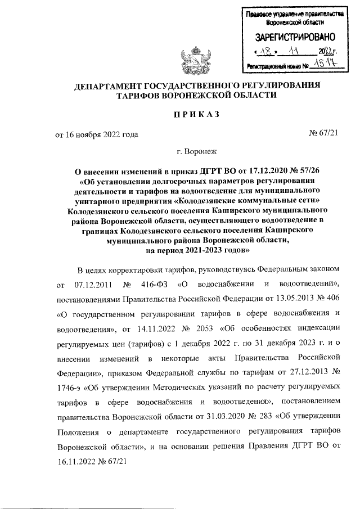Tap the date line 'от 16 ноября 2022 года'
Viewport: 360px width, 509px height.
pos(96,134)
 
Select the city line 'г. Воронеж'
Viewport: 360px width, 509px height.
pos(196,152)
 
